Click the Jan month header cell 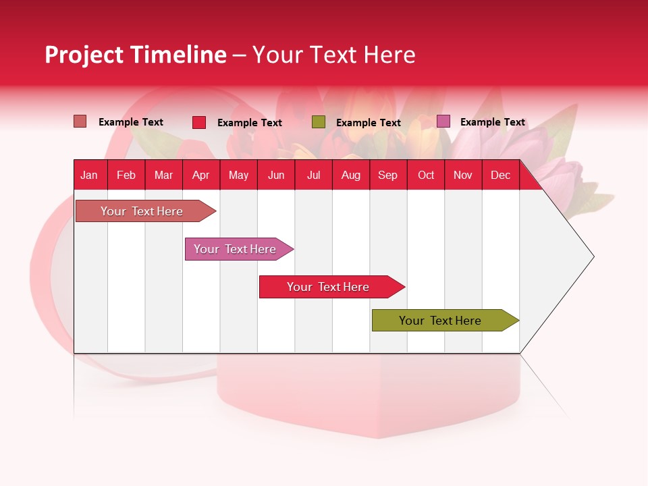pos(90,175)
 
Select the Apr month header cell pos(201,175)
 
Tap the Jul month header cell pos(314,175)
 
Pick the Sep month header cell pos(388,175)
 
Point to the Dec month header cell pos(500,175)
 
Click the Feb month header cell pos(126,175)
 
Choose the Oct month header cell pos(426,175)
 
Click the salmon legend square pos(80,122)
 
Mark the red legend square pos(199,122)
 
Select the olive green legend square pos(319,122)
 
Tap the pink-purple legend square pos(443,122)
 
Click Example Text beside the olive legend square pos(369,123)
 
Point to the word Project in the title pos(84,55)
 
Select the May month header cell pos(238,175)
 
